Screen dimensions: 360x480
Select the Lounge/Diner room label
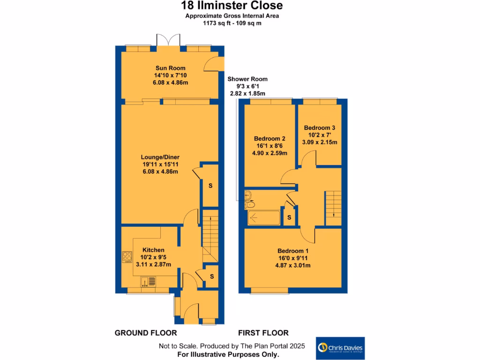point(160,157)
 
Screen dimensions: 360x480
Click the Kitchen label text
point(153,250)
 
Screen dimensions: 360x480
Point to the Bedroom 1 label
point(292,250)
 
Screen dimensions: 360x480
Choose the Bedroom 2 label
point(270,139)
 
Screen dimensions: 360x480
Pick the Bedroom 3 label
point(319,127)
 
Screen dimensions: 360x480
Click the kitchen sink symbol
point(147,282)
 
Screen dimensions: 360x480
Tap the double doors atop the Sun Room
point(168,40)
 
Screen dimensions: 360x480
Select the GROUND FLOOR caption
point(146,333)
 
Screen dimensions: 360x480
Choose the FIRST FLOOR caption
point(263,333)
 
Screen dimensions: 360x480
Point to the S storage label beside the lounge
point(210,186)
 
